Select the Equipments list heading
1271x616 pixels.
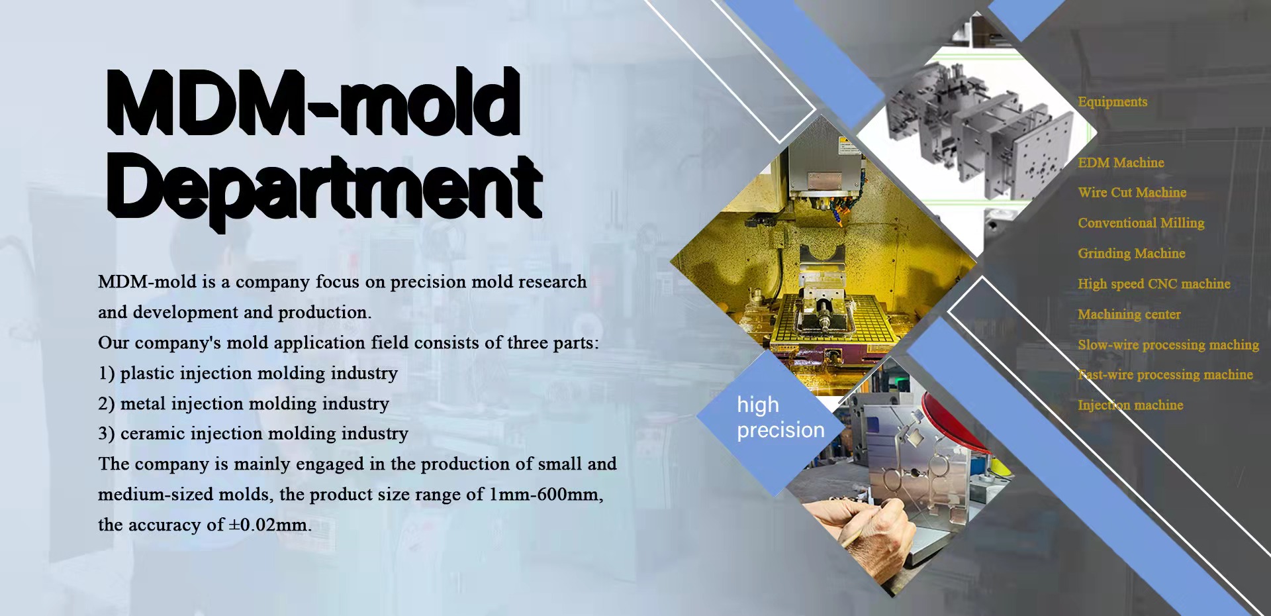(1113, 102)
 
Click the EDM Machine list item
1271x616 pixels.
(1121, 163)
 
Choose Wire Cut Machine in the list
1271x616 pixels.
(1132, 193)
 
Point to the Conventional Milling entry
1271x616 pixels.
(1141, 223)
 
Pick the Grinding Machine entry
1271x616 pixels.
(1131, 254)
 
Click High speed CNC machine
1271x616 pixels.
(1154, 284)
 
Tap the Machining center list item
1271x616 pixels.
(1129, 315)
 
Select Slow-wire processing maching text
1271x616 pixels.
(1168, 345)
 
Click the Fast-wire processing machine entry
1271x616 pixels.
(1165, 375)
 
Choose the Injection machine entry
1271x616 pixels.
(1130, 405)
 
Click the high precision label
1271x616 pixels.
(780, 417)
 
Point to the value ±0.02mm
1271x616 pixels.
(269, 525)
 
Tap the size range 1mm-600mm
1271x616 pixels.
(546, 495)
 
